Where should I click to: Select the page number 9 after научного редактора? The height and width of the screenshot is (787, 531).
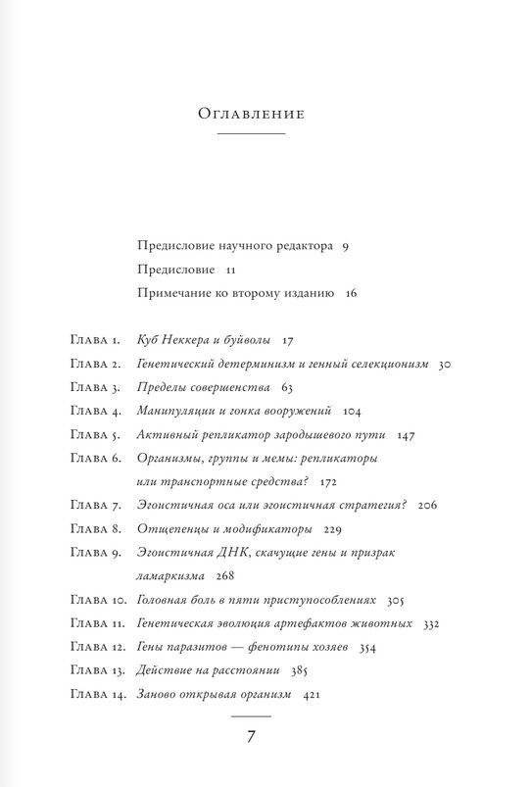346,245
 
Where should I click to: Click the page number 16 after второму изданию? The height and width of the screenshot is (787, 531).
352,292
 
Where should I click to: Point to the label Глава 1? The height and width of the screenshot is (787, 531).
95,341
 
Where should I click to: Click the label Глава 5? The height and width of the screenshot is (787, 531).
95,433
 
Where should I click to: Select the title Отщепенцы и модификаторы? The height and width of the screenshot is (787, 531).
224,528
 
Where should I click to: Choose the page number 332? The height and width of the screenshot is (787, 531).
428,622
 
